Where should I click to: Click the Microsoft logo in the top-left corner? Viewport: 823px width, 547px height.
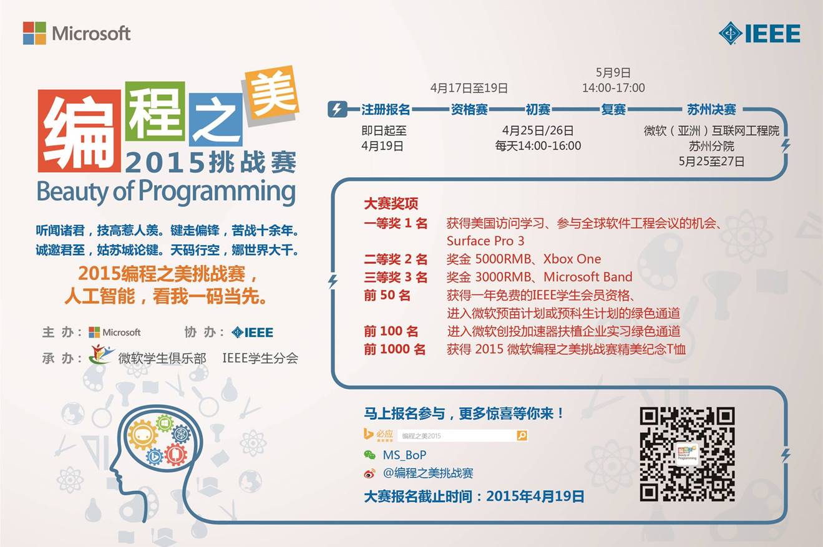(x=76, y=33)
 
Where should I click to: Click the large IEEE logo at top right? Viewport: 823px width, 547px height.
(x=759, y=34)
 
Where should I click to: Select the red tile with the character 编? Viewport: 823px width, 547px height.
(x=79, y=131)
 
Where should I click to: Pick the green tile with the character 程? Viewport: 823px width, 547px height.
(x=155, y=111)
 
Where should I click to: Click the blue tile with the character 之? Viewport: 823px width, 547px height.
(x=216, y=119)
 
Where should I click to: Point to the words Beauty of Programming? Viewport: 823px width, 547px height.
(x=166, y=191)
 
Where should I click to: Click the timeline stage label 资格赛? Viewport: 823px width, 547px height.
(x=469, y=110)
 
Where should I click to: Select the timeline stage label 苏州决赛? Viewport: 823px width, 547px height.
(x=712, y=110)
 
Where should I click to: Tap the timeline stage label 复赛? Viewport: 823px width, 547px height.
(x=613, y=110)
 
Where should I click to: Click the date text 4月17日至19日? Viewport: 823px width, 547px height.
(x=469, y=88)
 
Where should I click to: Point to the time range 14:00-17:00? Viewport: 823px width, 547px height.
(x=613, y=88)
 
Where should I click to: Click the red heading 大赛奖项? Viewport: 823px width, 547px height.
(x=391, y=203)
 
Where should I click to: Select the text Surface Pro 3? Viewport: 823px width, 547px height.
(x=485, y=241)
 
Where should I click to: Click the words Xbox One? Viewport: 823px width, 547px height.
(x=572, y=259)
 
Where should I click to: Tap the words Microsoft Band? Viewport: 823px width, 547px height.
(x=588, y=277)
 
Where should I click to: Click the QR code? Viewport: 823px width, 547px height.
(x=687, y=454)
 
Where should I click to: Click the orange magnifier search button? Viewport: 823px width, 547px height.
(x=522, y=436)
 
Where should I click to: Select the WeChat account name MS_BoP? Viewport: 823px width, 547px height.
(x=404, y=455)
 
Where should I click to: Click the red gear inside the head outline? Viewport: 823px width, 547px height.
(x=175, y=454)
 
